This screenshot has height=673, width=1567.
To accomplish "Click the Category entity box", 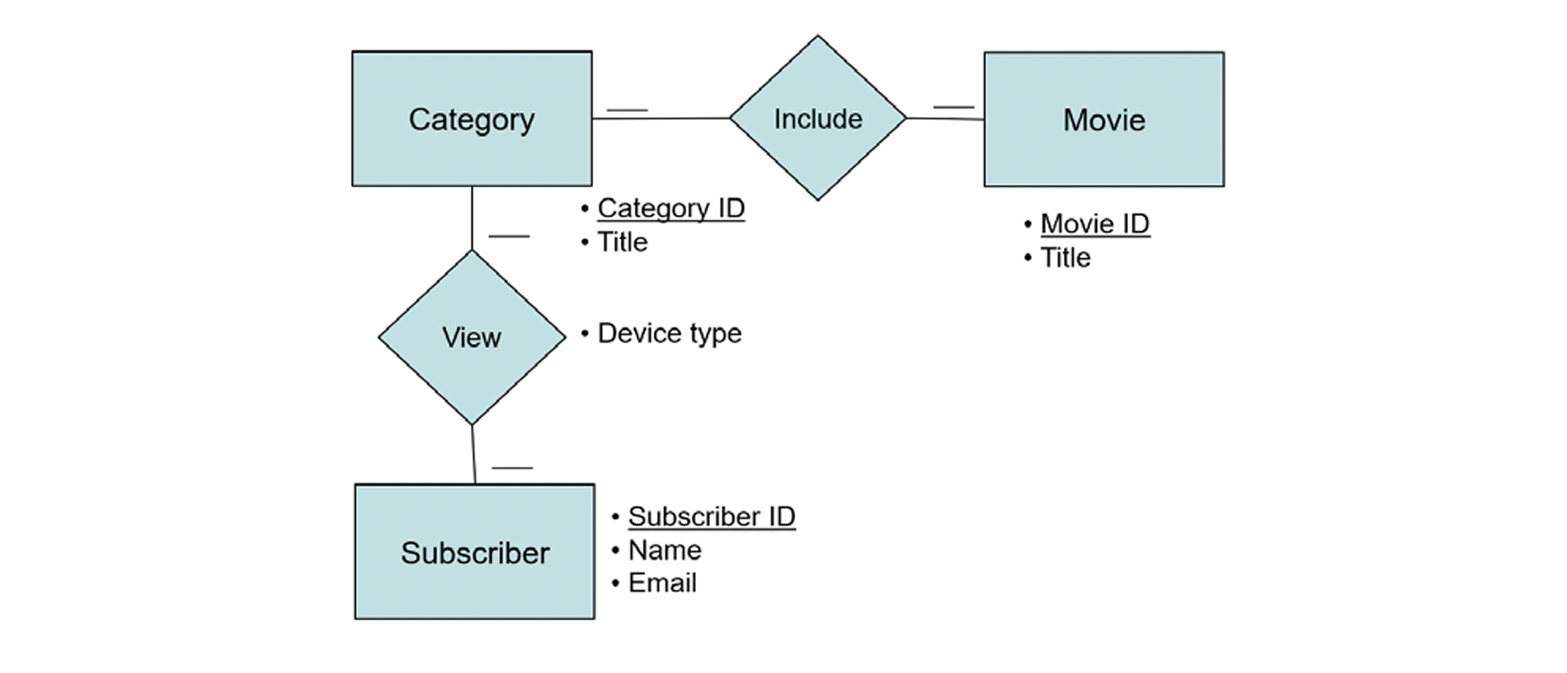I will click(x=471, y=119).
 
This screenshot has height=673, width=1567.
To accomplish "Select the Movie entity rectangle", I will click(x=1103, y=120).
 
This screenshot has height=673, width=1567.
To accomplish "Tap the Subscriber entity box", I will click(x=474, y=552).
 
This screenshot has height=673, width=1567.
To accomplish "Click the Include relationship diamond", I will click(x=817, y=118).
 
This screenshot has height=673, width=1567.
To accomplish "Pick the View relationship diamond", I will click(x=472, y=337).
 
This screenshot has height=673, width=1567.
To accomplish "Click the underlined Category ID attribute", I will click(x=671, y=208).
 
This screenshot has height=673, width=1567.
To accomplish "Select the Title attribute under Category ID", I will click(x=622, y=242).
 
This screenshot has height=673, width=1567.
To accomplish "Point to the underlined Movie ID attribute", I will click(x=1094, y=224).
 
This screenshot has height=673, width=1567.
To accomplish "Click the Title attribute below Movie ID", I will click(x=1065, y=258).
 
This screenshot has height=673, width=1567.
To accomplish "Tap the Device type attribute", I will click(x=669, y=333).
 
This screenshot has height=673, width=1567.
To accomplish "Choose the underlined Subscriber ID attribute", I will click(x=711, y=516).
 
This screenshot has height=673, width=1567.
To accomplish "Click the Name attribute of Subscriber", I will click(x=664, y=550).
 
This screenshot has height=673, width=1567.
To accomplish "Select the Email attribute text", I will click(x=661, y=583).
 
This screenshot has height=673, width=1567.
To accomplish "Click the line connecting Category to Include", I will click(x=660, y=118).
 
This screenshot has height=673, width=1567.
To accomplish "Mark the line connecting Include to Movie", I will click(x=945, y=119).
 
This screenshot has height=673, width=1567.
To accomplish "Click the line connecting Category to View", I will click(x=472, y=218).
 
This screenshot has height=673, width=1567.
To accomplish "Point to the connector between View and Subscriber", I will click(x=473, y=454).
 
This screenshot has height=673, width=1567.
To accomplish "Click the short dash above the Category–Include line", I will click(x=627, y=110).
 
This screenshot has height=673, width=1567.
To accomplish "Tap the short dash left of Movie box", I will click(x=953, y=106).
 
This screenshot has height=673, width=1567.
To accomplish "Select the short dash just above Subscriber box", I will click(x=512, y=468).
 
